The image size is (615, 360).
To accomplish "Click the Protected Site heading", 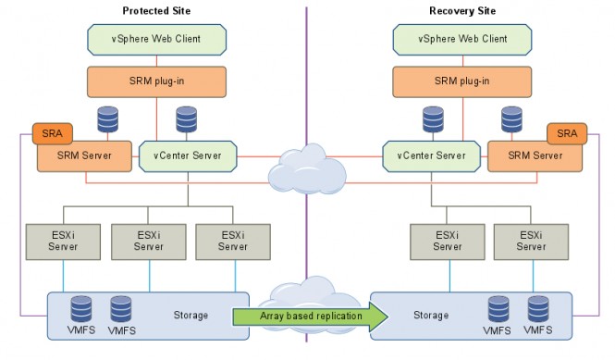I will pos(157,10).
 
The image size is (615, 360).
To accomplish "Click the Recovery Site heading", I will pos(463,10).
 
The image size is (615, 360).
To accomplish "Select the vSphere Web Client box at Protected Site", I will pos(156,39).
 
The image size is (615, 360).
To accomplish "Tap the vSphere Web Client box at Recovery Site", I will pos(462,39).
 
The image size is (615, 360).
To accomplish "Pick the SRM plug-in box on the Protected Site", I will pos(157,81).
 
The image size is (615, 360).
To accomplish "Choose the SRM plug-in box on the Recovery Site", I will pos(462,81).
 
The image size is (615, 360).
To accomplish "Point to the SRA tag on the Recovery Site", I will pos(566,134).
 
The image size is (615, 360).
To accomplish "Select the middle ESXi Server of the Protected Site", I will pos(148,241).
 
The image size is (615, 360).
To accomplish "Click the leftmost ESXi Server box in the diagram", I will pos(64,241).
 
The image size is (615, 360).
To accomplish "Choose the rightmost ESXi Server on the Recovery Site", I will pos(531,241).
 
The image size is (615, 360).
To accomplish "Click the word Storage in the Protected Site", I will pos(191,315).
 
